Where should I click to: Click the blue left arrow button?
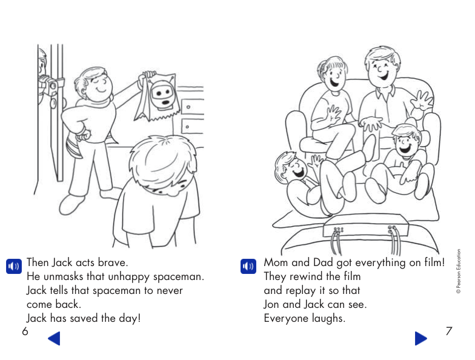coord(54,338)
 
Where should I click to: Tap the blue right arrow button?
coord(421,338)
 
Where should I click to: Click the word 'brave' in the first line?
coord(112,264)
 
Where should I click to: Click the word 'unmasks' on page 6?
coord(62,277)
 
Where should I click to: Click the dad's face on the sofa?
coord(383,68)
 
